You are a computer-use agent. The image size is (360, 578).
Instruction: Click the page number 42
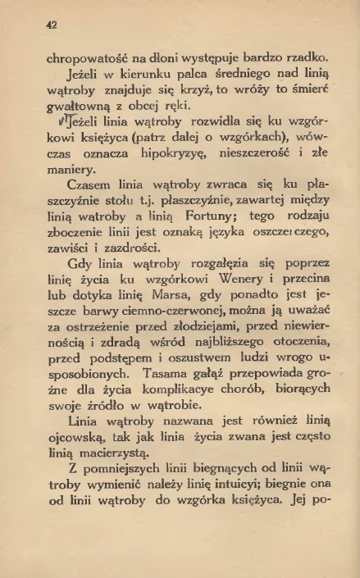(50, 25)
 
